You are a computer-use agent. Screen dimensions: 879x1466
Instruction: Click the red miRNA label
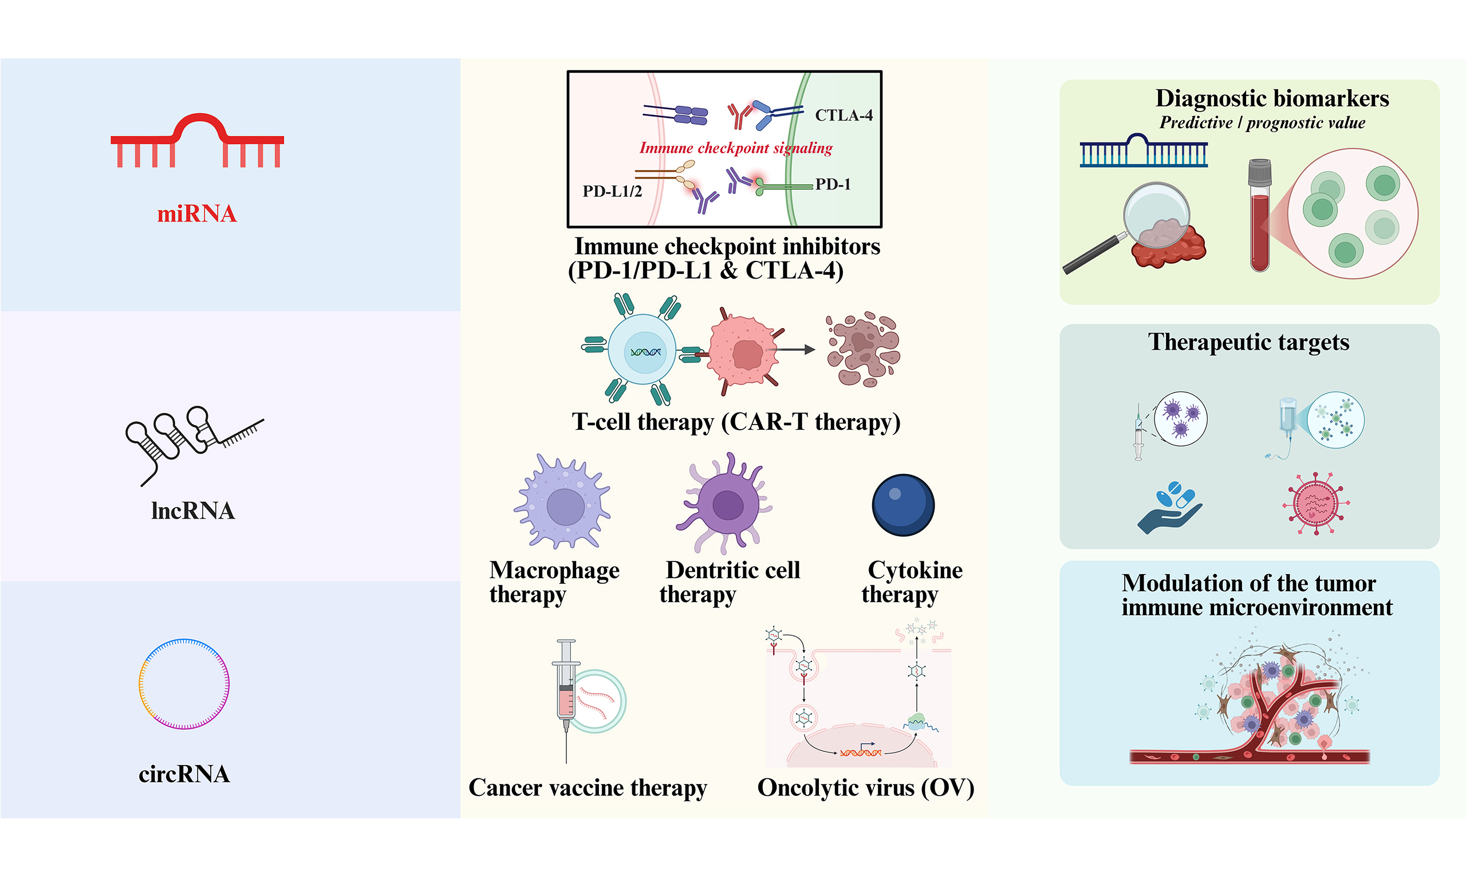coord(197,214)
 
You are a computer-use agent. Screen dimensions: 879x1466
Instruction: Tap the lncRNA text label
coord(192,510)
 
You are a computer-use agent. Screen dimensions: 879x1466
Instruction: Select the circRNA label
coord(184,774)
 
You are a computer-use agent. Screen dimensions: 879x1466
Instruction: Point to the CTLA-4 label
coord(843,116)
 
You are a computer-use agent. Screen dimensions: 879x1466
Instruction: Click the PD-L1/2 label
coord(612,191)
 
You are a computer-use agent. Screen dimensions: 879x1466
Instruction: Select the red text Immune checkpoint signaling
coord(735,148)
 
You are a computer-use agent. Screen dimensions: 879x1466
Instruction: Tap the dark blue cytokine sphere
coord(903,505)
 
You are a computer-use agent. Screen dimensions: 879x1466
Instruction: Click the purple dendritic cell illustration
coord(726,503)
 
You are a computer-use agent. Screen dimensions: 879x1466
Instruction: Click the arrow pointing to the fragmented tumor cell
coord(794,350)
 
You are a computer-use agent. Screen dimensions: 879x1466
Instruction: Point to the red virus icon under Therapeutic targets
coord(1315,504)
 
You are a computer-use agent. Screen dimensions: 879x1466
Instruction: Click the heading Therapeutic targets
coord(1248,342)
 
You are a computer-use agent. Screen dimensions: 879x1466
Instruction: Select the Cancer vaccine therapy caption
coord(587,788)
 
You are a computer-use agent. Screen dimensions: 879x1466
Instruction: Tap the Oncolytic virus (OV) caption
coord(865,788)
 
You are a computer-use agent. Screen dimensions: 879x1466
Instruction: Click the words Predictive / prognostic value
coord(1262,122)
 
